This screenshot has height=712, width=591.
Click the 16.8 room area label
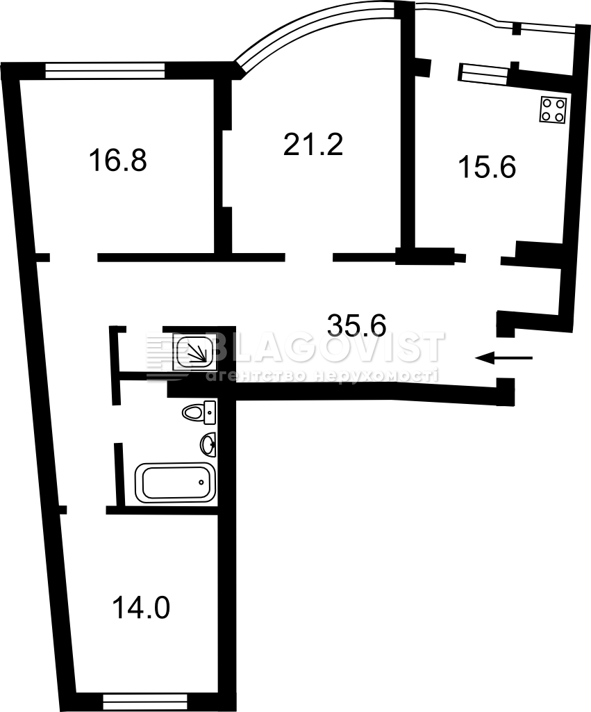(x=118, y=161)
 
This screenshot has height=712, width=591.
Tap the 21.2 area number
(x=313, y=144)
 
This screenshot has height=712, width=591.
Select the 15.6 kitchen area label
(x=487, y=167)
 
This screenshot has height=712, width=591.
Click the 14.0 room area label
(x=141, y=608)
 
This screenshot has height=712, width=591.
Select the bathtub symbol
(x=175, y=483)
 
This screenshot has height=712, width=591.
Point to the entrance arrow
(x=504, y=358)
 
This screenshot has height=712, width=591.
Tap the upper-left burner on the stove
(x=547, y=103)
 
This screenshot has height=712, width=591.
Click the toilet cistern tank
(x=210, y=412)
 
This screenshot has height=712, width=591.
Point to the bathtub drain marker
(x=201, y=481)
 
